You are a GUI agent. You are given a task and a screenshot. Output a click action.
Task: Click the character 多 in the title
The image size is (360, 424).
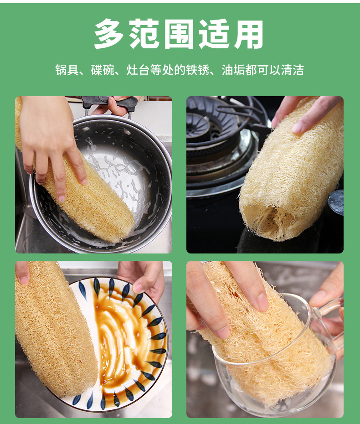pos(109,34)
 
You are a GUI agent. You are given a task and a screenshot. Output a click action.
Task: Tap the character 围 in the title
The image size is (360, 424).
pos(179,34)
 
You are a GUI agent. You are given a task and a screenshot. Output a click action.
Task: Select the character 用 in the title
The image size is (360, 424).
pos(249,34)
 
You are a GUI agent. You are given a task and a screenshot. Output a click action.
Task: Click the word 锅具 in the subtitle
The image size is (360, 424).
pos(67,70)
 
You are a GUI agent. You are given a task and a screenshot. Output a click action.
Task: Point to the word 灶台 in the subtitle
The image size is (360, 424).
pos(138,70)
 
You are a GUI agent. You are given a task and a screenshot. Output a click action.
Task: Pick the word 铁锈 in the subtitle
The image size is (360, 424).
pos(198,70)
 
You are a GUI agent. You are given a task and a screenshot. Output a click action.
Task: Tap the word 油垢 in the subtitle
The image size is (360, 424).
pos(233,70)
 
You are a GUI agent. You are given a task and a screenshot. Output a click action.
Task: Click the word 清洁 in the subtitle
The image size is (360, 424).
pos(293,70)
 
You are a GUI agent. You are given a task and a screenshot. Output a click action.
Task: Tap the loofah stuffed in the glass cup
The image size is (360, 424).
pos(267,338)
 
